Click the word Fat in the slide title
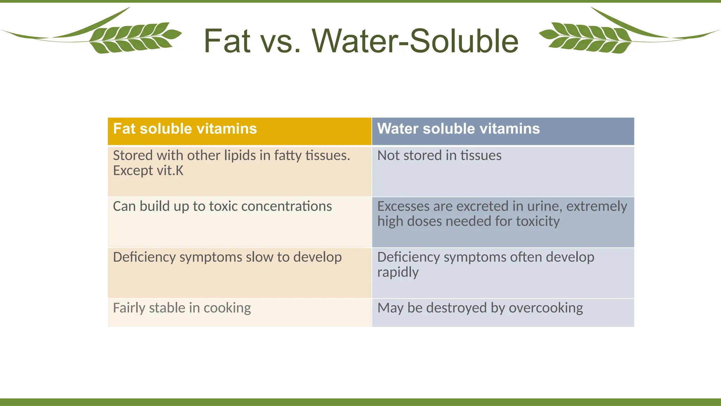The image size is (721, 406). pos(227,41)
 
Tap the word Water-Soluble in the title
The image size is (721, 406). pos(415,41)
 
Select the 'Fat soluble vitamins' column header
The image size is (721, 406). pos(185,129)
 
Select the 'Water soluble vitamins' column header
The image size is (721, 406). pos(458,129)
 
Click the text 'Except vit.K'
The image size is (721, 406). pos(148,171)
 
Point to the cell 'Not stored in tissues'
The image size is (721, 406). pos(439,156)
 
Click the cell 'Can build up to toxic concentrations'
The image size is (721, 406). pos(222,207)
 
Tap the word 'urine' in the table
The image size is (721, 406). pos(546,207)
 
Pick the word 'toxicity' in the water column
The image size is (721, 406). pos(538,222)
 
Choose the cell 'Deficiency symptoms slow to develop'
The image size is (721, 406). pos(227,257)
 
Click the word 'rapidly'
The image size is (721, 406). pos(398,272)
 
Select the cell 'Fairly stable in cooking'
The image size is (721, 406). pos(182,308)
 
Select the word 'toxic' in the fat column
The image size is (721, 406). pos(224,207)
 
